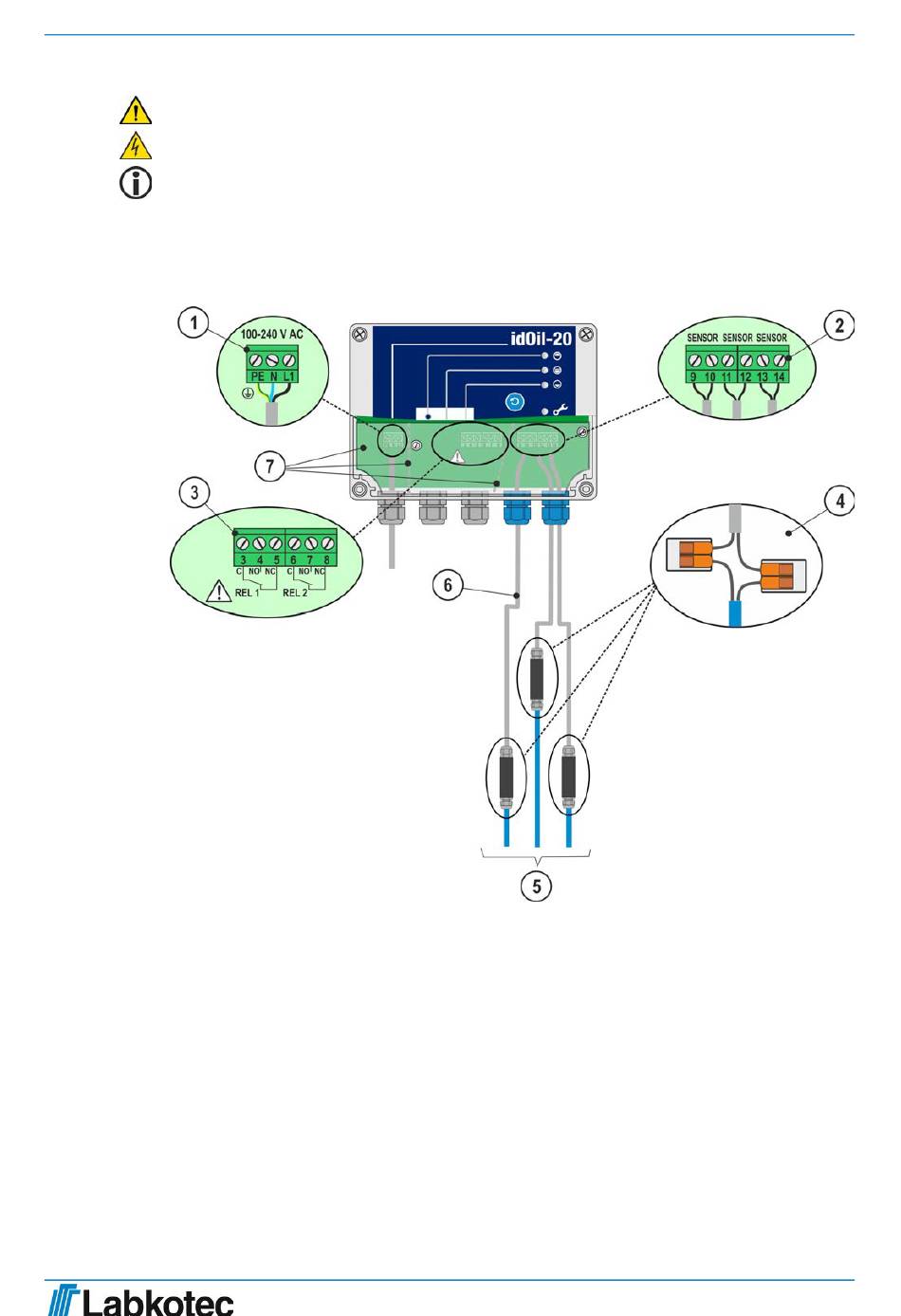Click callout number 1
pos(194,323)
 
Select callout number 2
pos(839,326)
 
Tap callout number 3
pos(194,492)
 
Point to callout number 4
pos(840,500)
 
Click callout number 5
pos(537,886)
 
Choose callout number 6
pos(448,584)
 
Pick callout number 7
pos(270,466)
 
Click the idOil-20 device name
pos(541,338)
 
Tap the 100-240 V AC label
pos(271,335)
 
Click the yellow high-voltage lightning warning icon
pos(136,147)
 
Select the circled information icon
pos(136,183)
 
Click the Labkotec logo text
pos(157,1301)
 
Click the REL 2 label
pos(295,593)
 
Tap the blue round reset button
pos(516,402)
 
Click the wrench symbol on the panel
pos(560,410)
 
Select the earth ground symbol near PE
pos(248,392)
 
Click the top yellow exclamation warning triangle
pos(136,111)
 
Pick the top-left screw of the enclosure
pos(359,334)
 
